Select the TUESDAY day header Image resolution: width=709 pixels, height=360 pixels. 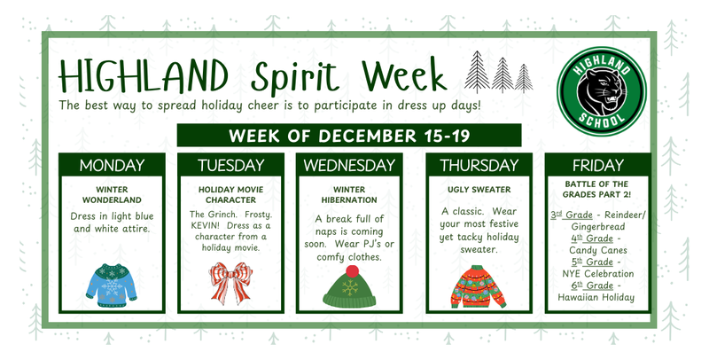[x=230, y=165]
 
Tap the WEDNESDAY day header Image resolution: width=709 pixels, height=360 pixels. [x=349, y=165]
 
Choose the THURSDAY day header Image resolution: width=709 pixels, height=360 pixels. [x=479, y=165]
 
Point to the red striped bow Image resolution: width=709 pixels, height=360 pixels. [x=230, y=285]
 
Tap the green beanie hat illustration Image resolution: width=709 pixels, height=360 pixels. [x=349, y=287]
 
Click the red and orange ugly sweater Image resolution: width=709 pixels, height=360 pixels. [x=478, y=287]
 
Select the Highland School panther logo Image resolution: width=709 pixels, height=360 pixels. [x=599, y=87]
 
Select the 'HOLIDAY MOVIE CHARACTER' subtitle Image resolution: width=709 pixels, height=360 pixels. [x=230, y=194]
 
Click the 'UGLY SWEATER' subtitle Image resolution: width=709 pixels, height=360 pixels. [x=479, y=190]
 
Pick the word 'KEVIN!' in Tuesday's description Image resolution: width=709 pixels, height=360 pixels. [x=207, y=226]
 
